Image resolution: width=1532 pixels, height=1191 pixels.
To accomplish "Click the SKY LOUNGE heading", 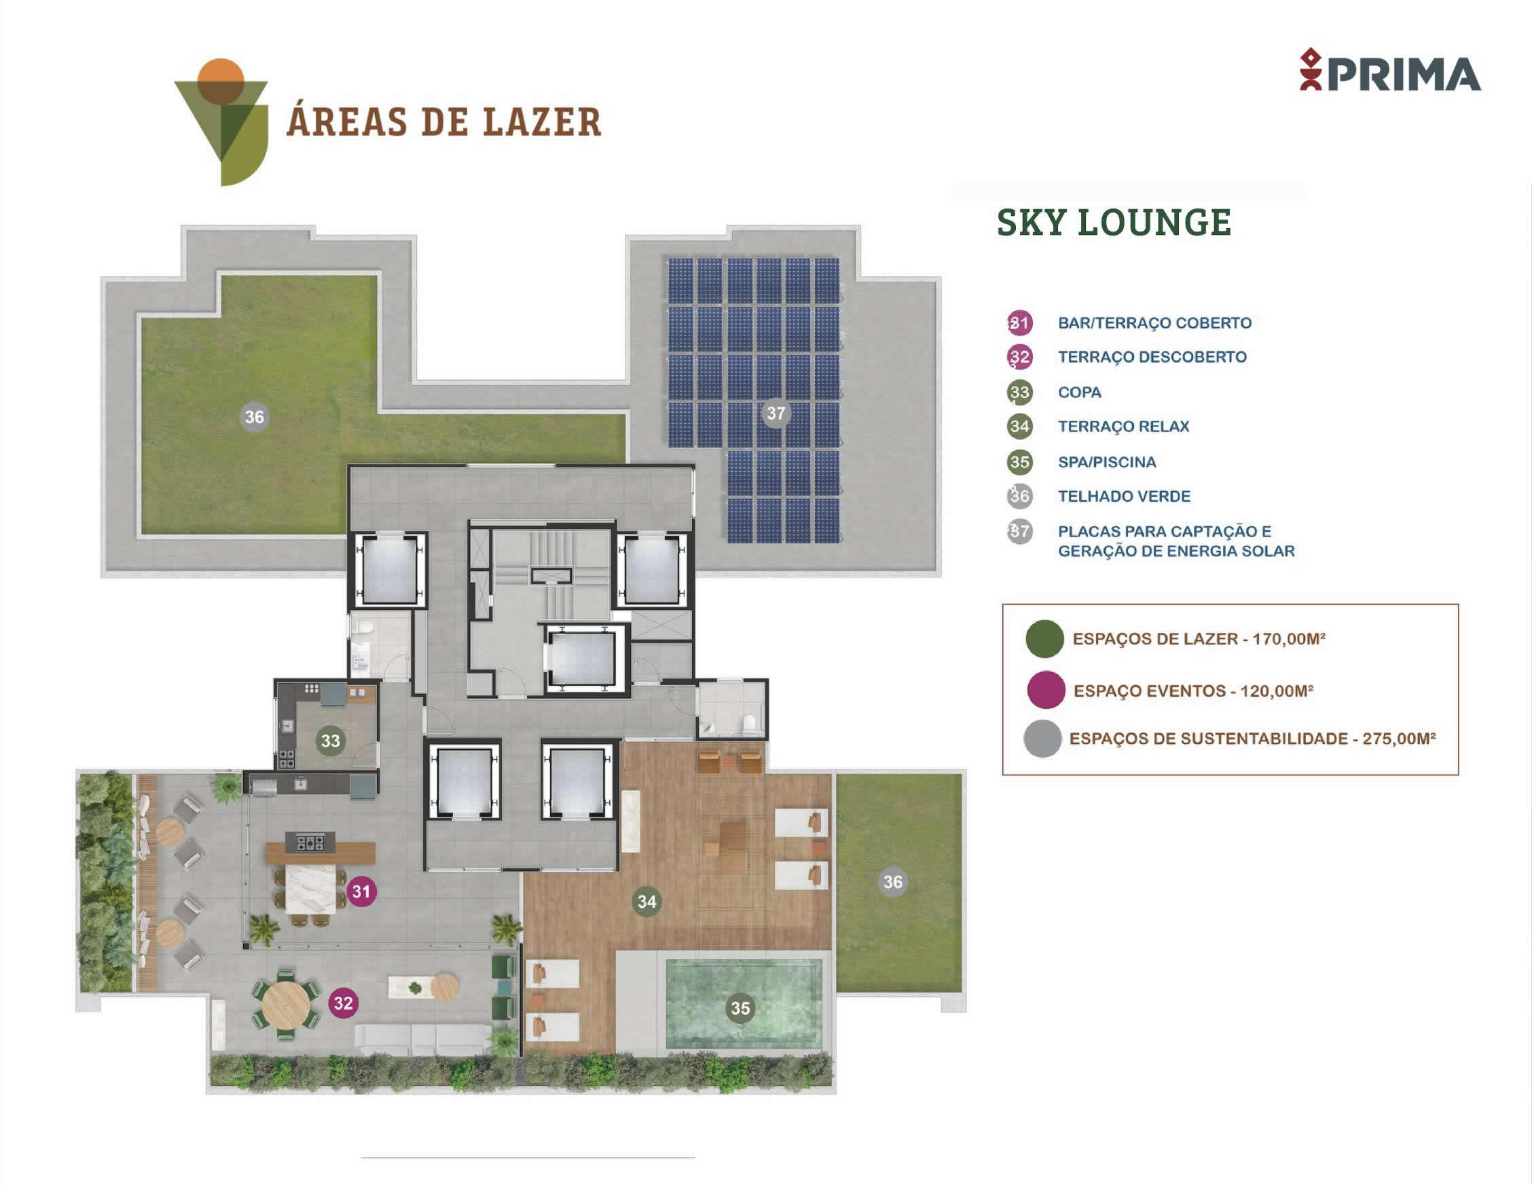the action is (1114, 222).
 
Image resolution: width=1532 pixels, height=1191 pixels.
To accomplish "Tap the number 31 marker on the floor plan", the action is (361, 892).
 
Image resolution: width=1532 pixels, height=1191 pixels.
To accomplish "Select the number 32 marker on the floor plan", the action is (343, 1003).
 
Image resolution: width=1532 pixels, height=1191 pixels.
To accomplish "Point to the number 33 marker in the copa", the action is (331, 741).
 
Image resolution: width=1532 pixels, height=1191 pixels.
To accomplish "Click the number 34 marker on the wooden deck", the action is (646, 901).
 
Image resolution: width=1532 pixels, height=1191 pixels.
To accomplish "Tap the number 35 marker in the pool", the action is (741, 1008).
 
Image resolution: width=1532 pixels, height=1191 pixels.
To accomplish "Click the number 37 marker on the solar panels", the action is (776, 413).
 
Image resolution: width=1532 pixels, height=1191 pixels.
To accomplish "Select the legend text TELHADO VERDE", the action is (1124, 496).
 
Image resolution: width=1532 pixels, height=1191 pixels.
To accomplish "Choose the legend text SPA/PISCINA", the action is (1107, 462).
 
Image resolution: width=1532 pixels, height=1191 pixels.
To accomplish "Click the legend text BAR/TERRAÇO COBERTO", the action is (1154, 323).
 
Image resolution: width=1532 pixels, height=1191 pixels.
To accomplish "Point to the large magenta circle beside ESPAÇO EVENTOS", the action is (1046, 690).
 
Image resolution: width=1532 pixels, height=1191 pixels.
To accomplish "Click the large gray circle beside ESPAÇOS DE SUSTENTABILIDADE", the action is (1042, 739).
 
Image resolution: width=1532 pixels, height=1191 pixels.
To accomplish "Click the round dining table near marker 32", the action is (285, 1004).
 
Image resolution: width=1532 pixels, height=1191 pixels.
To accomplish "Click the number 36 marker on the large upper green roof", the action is (254, 418).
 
